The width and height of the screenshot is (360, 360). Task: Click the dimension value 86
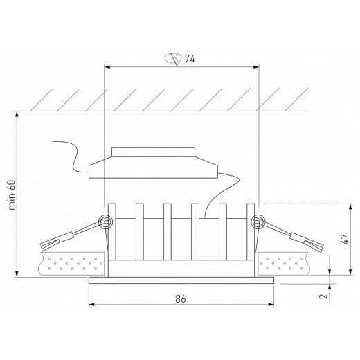(181, 300)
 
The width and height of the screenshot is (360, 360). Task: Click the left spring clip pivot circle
(106, 222)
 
